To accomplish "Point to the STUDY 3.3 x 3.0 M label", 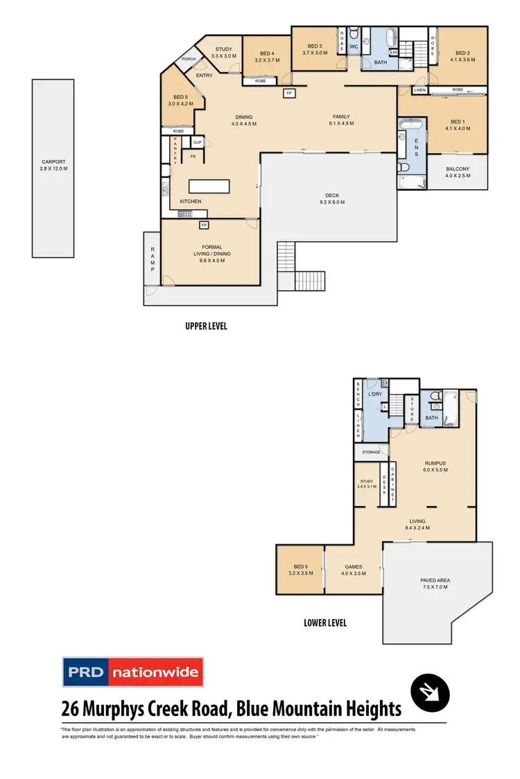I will point(223,53).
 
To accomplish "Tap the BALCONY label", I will point(458,172).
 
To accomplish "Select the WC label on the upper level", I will point(352,47).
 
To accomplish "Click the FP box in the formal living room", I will point(204,225).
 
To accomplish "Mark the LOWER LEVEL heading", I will point(325,623).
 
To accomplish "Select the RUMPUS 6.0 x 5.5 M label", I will point(435,467).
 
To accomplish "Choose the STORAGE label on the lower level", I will point(371,452).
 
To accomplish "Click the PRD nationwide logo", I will point(132,672).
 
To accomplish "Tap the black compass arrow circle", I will point(430,692).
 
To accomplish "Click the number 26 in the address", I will point(70,709).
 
